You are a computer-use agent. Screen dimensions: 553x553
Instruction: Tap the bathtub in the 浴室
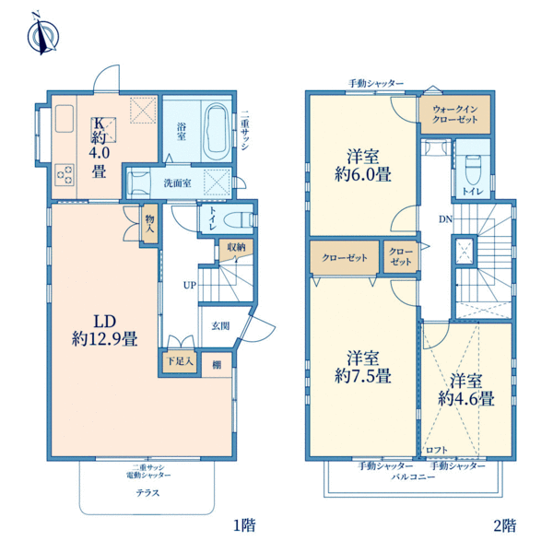pyautogui.click(x=216, y=131)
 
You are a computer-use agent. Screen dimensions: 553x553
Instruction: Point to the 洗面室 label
pyautogui.click(x=178, y=182)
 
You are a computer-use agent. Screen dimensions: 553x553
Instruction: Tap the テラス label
pyautogui.click(x=147, y=492)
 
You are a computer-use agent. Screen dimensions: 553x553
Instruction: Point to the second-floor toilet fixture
pyautogui.click(x=473, y=168)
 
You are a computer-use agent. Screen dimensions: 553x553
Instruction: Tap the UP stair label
pyautogui.click(x=188, y=285)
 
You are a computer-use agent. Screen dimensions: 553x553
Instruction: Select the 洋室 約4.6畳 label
pyautogui.click(x=466, y=390)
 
